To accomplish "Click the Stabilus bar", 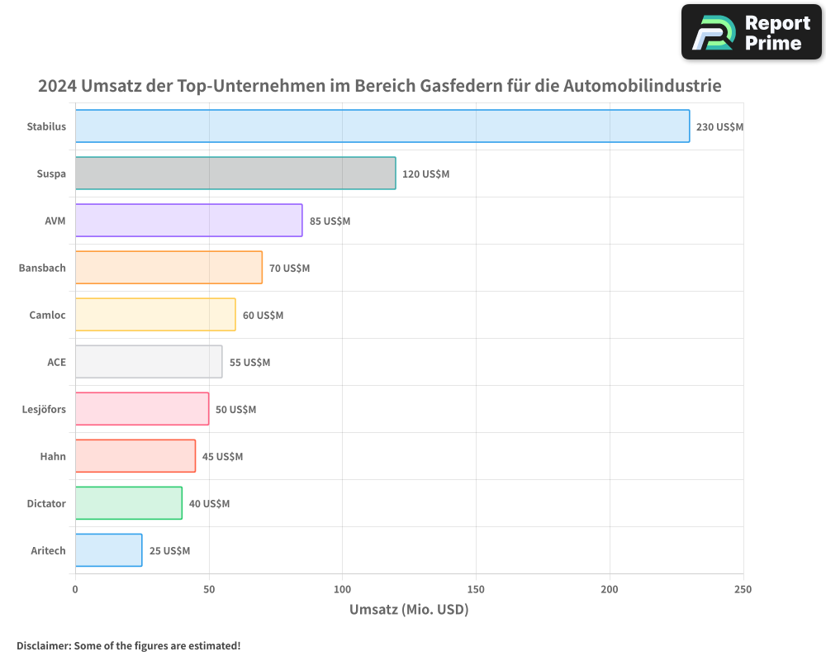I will coord(382,126).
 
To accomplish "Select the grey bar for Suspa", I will coord(235,174).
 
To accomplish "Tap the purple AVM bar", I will coord(188,221).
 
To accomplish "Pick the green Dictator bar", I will coord(128,503).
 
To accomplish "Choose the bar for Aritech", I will coord(108,550).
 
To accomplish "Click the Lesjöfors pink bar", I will coord(141,409).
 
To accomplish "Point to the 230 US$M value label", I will coord(719,127).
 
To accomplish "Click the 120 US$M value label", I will coord(425,174).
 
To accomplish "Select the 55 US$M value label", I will coord(249,363).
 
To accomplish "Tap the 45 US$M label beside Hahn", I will coord(222,457).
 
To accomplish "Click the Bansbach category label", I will coord(42,268).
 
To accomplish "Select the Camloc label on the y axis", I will coord(47,315).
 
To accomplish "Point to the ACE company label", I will coord(56,362).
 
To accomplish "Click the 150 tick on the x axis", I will coord(476,589).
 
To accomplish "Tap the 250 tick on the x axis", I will coord(743,589).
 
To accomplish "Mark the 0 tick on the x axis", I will coord(75,589).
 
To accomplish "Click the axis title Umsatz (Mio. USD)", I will coord(409,610).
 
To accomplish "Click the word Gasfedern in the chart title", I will coord(459,86).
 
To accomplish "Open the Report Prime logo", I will coord(752,32).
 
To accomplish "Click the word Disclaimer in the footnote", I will coord(43,645).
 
